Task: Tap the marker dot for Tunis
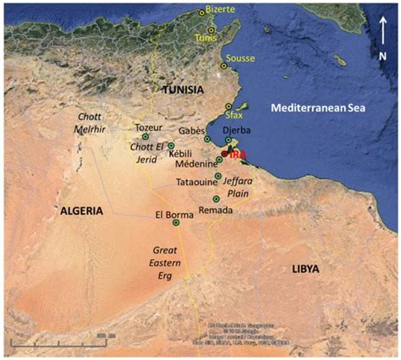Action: click(212, 30)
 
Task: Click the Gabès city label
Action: click(193, 131)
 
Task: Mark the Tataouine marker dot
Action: click(218, 176)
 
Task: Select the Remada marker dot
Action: click(216, 198)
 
